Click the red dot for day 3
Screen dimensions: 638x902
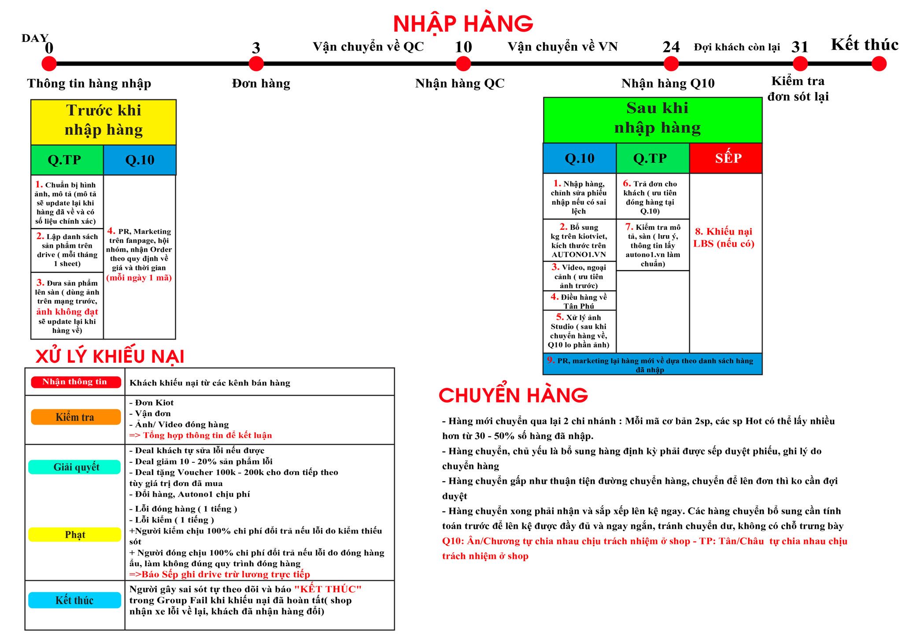click(256, 64)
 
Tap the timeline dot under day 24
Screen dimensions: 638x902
click(671, 64)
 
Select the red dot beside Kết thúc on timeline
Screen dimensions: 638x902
click(879, 64)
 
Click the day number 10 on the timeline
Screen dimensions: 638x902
click(463, 47)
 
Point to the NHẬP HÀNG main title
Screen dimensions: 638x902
click(462, 24)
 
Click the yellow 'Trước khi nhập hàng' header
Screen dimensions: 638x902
click(104, 120)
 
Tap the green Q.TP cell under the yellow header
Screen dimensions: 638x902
click(65, 160)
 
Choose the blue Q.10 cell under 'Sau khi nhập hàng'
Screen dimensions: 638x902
click(580, 158)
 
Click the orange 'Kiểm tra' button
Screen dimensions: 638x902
click(75, 417)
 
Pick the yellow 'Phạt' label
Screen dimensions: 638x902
click(75, 535)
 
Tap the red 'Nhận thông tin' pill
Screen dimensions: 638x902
click(75, 382)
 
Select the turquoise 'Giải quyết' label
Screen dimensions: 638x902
click(75, 467)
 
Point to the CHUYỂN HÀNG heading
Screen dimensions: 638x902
click(513, 395)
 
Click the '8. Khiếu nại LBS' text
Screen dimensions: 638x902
click(724, 237)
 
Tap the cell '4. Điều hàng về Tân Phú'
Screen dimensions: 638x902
click(579, 301)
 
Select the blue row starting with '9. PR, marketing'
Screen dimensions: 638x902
click(652, 364)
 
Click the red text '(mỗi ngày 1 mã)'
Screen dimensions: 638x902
click(139, 277)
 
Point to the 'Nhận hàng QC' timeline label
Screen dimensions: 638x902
click(460, 83)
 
